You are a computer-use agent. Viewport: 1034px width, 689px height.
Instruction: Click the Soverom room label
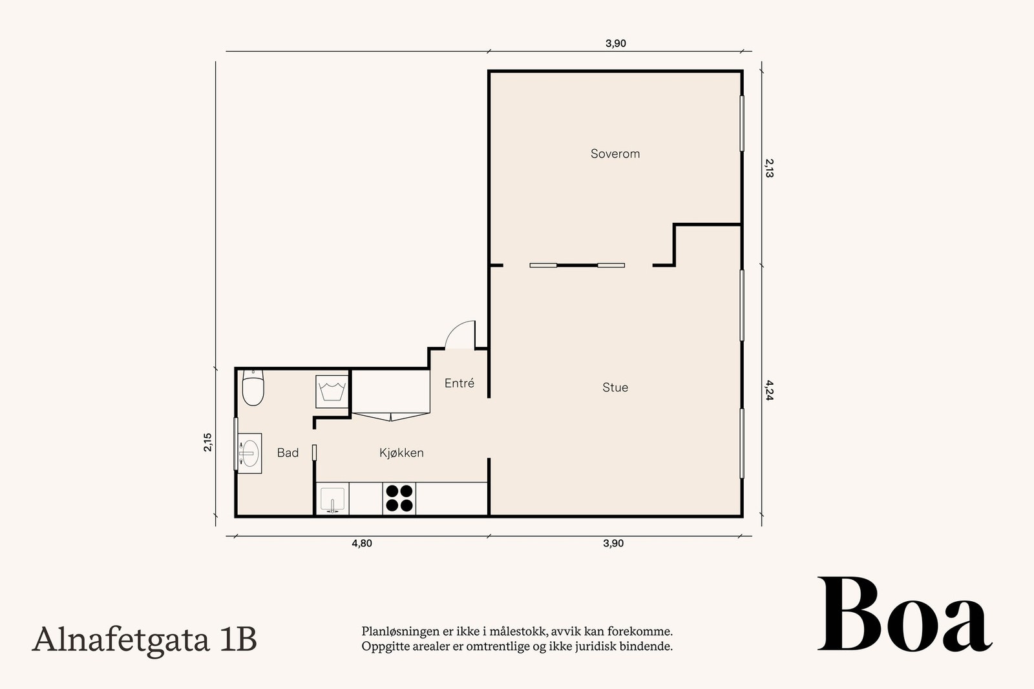pyautogui.click(x=615, y=154)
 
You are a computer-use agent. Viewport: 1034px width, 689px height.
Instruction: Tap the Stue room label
pyautogui.click(x=615, y=387)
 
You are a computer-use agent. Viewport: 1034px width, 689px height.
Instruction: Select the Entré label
pyautogui.click(x=459, y=383)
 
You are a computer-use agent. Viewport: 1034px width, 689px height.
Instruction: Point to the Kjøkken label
pyautogui.click(x=401, y=453)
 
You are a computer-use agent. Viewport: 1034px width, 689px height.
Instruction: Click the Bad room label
pyautogui.click(x=288, y=453)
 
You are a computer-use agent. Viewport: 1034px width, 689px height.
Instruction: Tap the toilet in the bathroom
pyautogui.click(x=253, y=387)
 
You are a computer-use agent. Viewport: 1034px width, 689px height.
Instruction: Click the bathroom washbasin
pyautogui.click(x=249, y=453)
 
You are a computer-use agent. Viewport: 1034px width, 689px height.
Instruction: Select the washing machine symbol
pyautogui.click(x=332, y=391)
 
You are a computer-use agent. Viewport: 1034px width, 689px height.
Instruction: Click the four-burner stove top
pyautogui.click(x=399, y=499)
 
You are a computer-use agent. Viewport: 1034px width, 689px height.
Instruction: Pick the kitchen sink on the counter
pyautogui.click(x=332, y=499)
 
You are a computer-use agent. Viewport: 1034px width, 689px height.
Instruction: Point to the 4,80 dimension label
pyautogui.click(x=362, y=543)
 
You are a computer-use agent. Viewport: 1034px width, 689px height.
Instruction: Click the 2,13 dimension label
pyautogui.click(x=769, y=169)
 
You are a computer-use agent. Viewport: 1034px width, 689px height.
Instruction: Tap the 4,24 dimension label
pyautogui.click(x=769, y=390)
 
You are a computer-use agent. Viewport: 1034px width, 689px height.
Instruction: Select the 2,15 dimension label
pyautogui.click(x=208, y=442)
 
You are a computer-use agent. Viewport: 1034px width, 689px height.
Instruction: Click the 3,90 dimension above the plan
pyautogui.click(x=616, y=43)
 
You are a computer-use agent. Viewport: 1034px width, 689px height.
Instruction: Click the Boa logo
pyautogui.click(x=905, y=614)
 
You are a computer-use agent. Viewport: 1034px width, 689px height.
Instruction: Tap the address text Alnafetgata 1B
pyautogui.click(x=145, y=640)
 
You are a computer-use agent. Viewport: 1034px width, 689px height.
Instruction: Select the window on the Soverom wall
pyautogui.click(x=742, y=123)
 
